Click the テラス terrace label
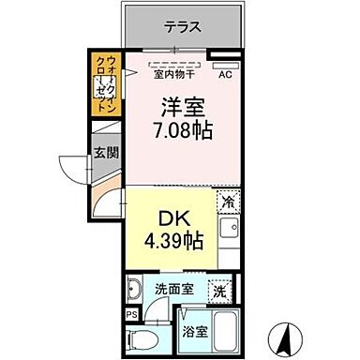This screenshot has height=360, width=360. coord(182,27)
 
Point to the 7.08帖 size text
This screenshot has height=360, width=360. coord(178,130)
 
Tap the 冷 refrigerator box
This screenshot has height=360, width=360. coord(228,200)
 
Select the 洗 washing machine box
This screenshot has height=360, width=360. coord(218,291)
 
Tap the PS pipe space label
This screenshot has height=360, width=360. coord(132,314)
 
